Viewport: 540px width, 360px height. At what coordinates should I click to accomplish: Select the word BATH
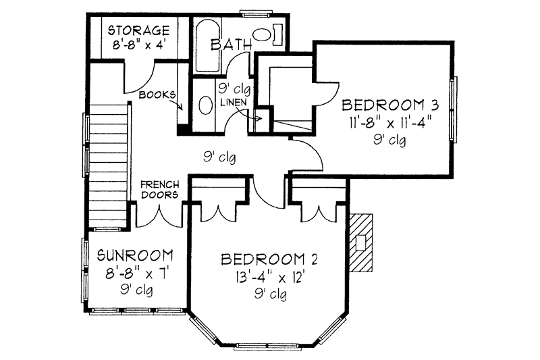click(232, 45)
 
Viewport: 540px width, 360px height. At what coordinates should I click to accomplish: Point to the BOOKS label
click(157, 95)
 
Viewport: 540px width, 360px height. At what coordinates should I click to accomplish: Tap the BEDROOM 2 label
click(269, 260)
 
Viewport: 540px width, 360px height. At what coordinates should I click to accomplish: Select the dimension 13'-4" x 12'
click(269, 277)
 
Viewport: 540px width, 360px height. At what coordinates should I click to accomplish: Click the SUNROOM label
click(135, 256)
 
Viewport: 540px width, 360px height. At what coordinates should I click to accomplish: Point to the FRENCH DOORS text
click(159, 189)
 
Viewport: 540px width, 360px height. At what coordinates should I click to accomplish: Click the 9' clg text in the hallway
click(219, 157)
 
